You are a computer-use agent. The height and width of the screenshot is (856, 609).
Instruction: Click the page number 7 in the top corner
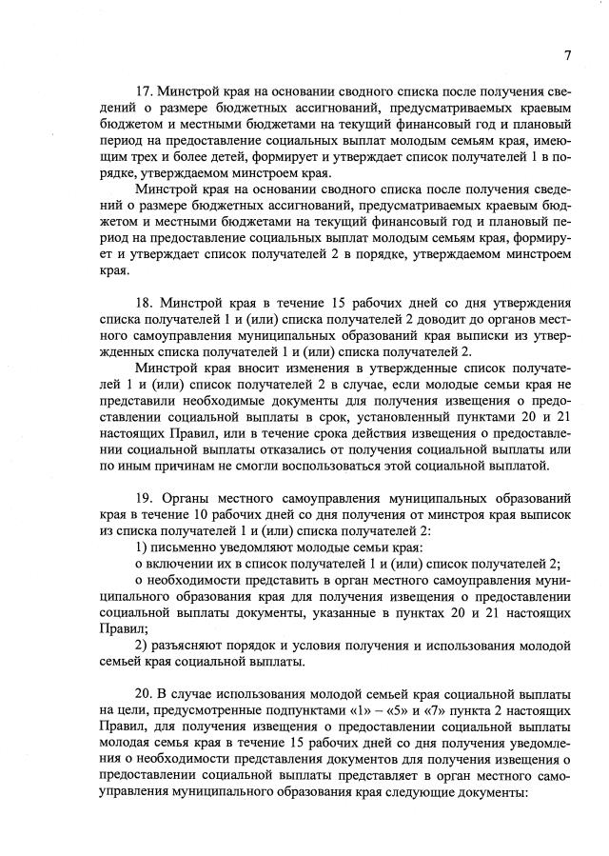point(567,54)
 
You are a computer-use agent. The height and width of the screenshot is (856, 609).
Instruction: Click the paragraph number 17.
point(144,91)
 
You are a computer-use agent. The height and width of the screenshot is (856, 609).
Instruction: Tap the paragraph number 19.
point(144,499)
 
